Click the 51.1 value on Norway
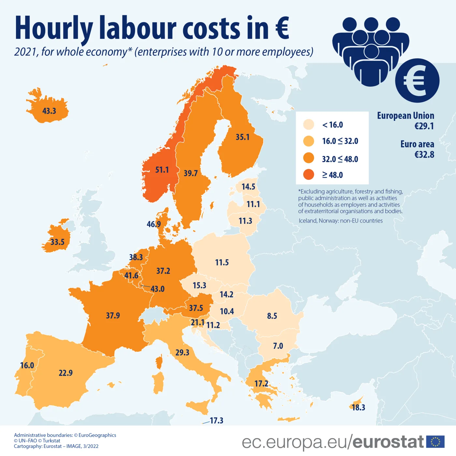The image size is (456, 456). pos(162,170)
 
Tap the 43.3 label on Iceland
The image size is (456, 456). pos(49,111)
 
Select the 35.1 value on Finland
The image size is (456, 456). pos(243,137)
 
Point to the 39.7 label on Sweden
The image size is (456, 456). pos(191,173)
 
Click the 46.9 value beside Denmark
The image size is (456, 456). pos(154,224)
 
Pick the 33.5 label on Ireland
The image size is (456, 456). pos(57,242)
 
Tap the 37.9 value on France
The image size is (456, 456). pos(113,316)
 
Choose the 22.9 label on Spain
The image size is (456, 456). pos(65,373)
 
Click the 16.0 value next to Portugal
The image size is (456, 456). pos(27,365)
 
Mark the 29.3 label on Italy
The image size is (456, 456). pos(182,353)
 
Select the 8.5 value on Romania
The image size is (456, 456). pos(272,316)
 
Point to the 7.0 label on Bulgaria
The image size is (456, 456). pos(278,346)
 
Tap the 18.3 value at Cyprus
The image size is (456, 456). pos(358,407)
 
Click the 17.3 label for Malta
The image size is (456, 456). pos(217,420)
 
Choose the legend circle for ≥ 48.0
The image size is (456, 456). pos(308,175)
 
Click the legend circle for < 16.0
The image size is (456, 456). pos(308,124)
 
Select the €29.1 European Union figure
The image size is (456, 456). pos(424,126)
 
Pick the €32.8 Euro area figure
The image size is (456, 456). pos(424,154)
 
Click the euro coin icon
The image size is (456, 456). pos(417,80)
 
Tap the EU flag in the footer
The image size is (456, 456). pos(435,442)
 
